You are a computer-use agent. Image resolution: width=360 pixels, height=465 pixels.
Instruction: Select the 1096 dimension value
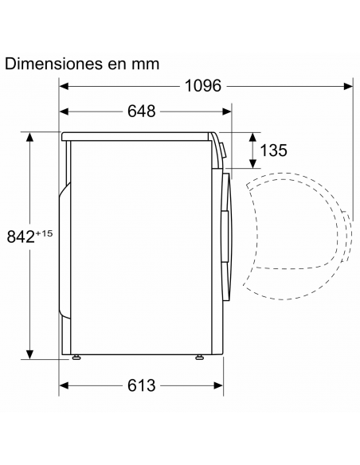pyautogui.click(x=203, y=86)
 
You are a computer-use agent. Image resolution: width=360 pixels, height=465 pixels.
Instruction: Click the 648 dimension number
pyautogui.click(x=142, y=111)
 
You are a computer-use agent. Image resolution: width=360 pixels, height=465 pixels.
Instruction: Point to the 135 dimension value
pyautogui.click(x=273, y=150)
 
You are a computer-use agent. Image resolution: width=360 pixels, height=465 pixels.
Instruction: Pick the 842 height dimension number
pyautogui.click(x=21, y=236)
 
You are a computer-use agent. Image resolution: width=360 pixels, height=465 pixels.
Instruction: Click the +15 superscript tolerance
pyautogui.click(x=44, y=233)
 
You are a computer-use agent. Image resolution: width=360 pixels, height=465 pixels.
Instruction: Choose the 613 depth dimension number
pyautogui.click(x=142, y=385)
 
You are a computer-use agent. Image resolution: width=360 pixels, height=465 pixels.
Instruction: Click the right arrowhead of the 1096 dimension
pyautogui.click(x=348, y=86)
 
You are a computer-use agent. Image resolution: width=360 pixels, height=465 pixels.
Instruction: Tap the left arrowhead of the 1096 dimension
pyautogui.click(x=64, y=86)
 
